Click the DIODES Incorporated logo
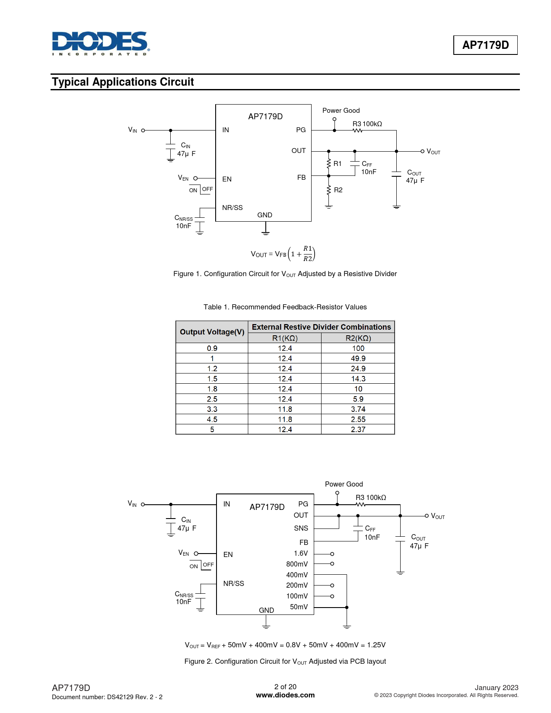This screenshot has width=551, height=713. pos(101,43)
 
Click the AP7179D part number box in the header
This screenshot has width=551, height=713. pos(485,45)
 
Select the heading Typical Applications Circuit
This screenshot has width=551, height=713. pos(123,82)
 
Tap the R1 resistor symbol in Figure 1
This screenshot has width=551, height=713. pos(328,164)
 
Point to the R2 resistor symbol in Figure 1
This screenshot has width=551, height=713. pos(328,190)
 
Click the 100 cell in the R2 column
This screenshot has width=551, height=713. pos(358,348)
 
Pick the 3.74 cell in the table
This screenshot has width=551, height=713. pos(358,409)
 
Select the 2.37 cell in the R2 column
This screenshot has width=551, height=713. pos(358,429)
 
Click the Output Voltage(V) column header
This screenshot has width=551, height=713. pos(212,332)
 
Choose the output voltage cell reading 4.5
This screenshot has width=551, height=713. pos(212,419)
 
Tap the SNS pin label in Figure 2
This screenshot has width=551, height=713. pos(301,528)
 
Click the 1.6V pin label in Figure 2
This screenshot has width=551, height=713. pos(301,553)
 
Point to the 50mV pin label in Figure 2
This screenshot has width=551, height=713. pos(299,607)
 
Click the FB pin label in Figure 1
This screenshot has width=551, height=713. pos(301,178)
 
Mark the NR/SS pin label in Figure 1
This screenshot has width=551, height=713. pos(233,208)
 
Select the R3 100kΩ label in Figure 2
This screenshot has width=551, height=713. pos(371,497)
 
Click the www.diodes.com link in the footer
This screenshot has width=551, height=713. pos(285,695)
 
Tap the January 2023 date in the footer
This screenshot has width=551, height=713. pos(496,688)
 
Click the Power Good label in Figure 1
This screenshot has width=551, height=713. pos(341,111)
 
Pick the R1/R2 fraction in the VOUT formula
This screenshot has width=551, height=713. pos(308,254)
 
